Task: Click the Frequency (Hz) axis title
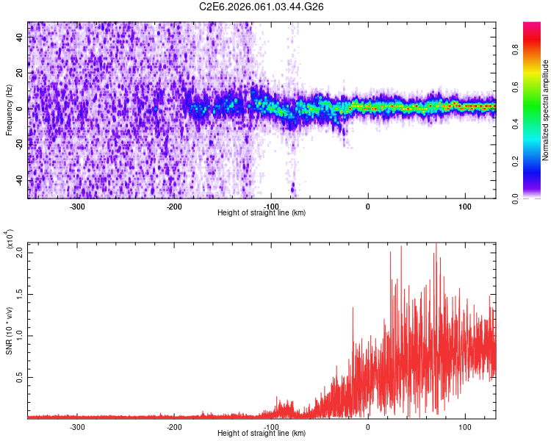click(x=9, y=110)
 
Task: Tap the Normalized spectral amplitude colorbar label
click(x=546, y=110)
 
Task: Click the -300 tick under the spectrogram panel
click(x=78, y=206)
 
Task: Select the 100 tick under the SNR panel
click(x=464, y=426)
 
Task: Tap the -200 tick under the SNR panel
click(x=174, y=426)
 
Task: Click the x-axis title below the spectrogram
click(x=262, y=213)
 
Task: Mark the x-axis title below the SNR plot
click(x=262, y=434)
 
